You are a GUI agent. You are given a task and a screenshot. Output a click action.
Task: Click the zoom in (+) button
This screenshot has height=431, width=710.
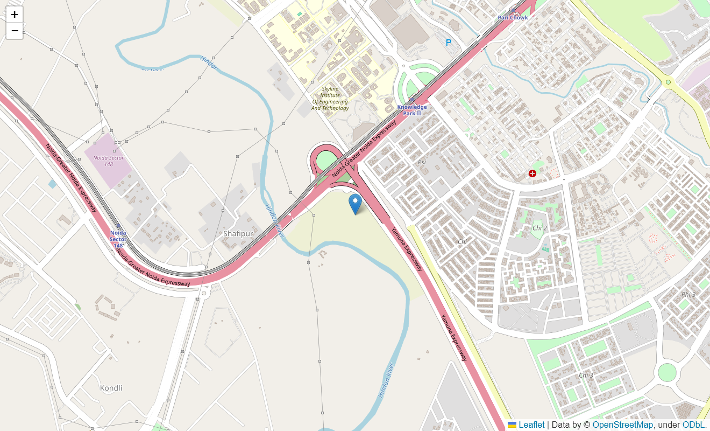coord(15,15)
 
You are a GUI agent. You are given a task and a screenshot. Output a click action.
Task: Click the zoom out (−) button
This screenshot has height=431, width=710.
coord(15,31)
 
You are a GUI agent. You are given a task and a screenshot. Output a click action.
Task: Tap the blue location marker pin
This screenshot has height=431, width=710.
coord(355,204)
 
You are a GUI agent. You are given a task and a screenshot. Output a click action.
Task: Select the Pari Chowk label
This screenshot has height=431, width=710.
coord(512,18)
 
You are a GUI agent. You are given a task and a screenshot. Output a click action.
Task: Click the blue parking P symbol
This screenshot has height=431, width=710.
coord(449,43)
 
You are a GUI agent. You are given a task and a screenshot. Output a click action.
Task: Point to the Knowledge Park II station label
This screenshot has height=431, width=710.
coord(412,110)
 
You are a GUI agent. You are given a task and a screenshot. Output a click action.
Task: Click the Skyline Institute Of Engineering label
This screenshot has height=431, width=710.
coord(330,99)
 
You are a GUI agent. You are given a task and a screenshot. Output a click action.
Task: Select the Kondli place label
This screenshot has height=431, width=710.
coord(111,388)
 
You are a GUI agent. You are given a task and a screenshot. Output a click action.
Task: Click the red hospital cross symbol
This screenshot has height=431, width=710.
coord(532,173)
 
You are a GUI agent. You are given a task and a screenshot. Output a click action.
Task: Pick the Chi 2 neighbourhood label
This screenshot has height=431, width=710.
coord(539,228)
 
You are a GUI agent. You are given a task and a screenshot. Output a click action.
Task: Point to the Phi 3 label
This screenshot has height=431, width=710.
coord(688,294)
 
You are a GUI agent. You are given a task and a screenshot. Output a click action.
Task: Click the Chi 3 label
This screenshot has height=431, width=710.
coord(586,375)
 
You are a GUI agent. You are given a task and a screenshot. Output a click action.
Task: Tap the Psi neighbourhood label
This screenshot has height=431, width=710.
coord(422,162)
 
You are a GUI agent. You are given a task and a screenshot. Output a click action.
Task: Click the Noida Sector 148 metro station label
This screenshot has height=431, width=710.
coord(118,239)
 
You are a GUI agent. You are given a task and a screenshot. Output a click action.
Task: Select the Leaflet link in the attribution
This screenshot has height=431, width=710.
coord(531,425)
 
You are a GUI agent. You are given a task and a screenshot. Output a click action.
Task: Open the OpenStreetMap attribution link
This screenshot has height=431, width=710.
coord(622,425)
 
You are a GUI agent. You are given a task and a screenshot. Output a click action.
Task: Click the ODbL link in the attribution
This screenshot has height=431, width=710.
coord(693,425)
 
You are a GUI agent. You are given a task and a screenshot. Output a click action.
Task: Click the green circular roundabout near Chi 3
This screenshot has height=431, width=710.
coord(667,372)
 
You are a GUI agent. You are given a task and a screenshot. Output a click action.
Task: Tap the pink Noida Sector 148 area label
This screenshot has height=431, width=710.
coord(109,161)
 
